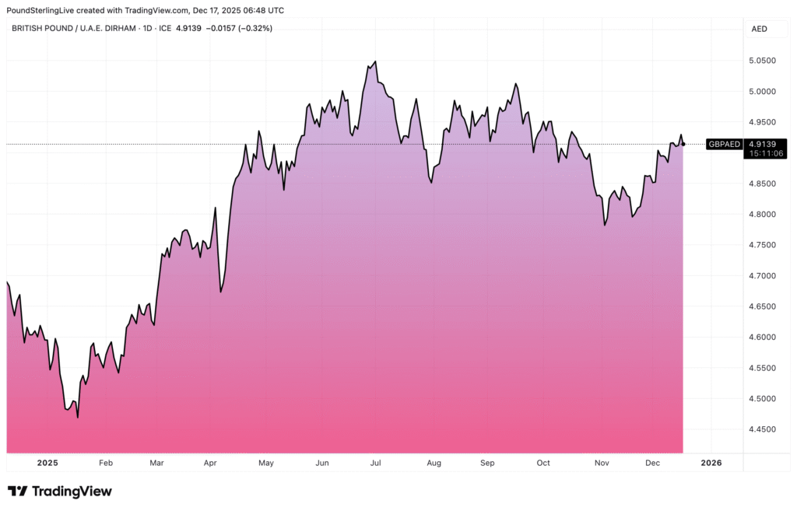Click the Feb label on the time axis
click(106, 463)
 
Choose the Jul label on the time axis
click(375, 463)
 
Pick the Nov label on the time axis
click(601, 463)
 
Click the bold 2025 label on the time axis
click(47, 463)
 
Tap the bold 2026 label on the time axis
click(711, 463)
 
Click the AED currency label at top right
click(759, 29)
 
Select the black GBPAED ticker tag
click(723, 144)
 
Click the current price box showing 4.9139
click(762, 143)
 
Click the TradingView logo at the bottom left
click(60, 492)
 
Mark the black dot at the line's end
click(683, 144)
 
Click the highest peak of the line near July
click(375, 61)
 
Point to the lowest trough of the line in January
click(78, 418)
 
